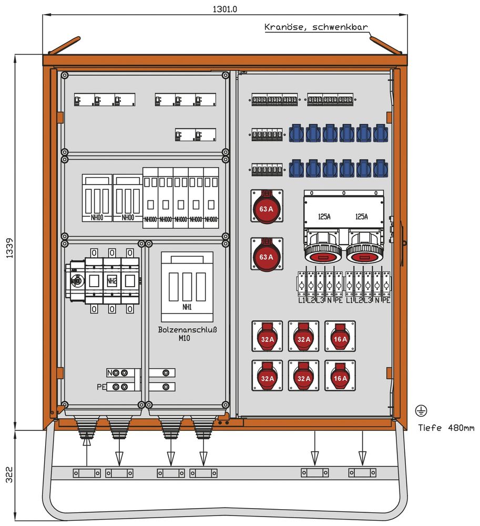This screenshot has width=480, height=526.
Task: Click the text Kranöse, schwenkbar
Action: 316,27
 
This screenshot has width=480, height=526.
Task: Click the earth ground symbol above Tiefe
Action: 421,411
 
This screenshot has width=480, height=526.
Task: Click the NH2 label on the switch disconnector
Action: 111,281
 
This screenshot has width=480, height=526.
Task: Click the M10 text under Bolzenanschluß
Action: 184,339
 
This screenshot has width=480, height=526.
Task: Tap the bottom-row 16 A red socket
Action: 340,377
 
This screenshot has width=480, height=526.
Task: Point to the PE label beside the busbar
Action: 101,387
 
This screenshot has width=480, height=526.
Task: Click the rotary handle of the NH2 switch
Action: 77,281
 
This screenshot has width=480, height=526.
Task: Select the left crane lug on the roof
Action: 64,45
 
